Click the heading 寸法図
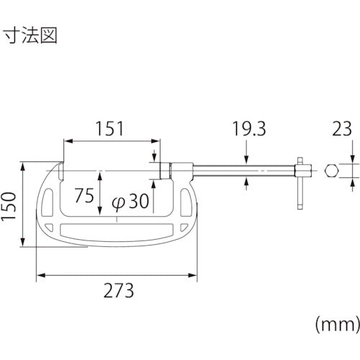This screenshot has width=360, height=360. point(30,35)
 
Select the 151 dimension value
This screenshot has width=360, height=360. point(109,129)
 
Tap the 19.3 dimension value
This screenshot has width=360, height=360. point(249,129)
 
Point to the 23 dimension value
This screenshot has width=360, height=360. point(342,129)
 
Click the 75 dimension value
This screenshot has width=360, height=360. point(84,195)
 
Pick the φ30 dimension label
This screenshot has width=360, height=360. point(130,202)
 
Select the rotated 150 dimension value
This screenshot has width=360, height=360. point(9,206)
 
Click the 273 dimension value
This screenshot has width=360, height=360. point(119,291)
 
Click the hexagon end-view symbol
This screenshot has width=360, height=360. point(332,171)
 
